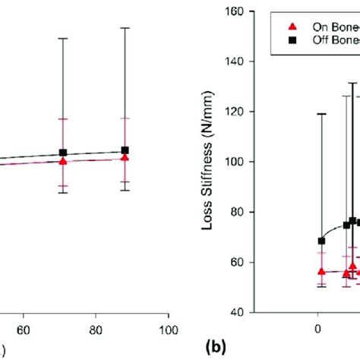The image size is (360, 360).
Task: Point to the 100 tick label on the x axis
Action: tap(169, 330)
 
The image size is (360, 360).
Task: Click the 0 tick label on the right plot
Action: tap(318, 330)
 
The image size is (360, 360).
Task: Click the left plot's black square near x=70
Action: tap(63, 153)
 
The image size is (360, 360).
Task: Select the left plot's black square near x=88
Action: tap(125, 150)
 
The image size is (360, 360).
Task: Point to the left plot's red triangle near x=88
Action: tap(125, 158)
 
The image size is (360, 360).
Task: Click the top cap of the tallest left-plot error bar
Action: tap(125, 27)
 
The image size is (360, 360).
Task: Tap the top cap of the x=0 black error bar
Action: tap(321, 114)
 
